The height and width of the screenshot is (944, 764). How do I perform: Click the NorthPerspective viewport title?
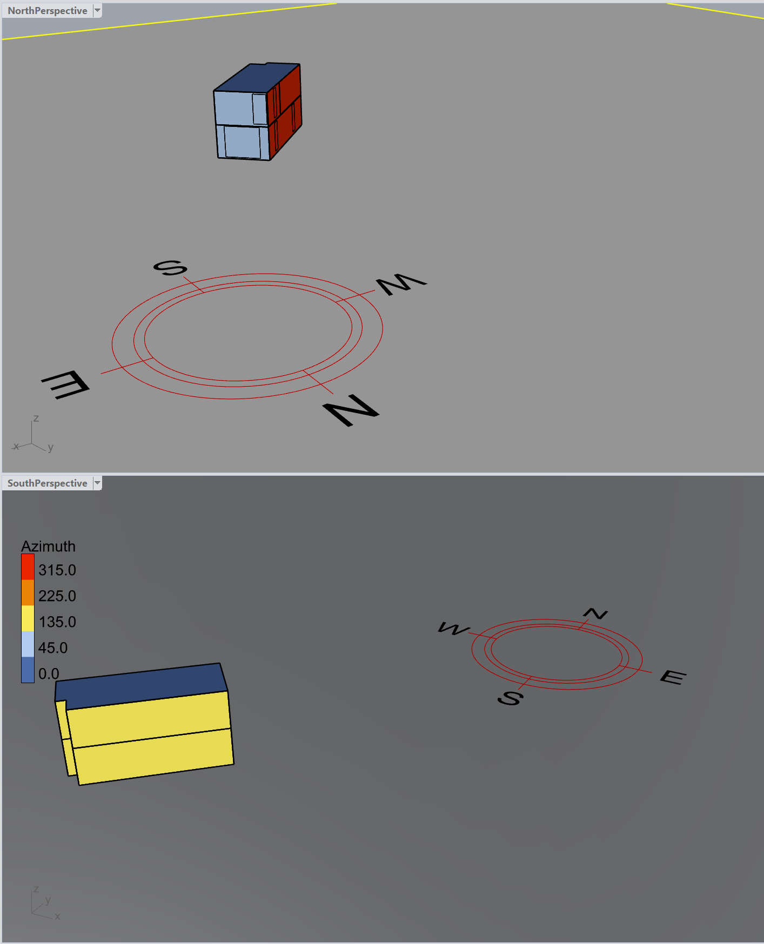coord(48,11)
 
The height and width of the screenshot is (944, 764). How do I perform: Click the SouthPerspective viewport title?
coord(48,483)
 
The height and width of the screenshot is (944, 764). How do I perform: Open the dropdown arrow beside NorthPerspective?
coord(97,10)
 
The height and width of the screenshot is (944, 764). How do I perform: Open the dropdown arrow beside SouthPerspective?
coord(97,483)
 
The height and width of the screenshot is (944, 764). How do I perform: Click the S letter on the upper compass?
coord(170,268)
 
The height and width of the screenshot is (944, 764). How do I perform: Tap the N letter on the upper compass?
coord(351,410)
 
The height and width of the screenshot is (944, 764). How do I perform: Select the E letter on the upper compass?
coord(65,385)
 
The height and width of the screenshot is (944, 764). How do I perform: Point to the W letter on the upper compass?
coord(401,284)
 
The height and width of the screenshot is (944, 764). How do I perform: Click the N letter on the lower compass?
coord(595,613)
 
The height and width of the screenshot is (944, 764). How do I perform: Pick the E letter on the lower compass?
coord(673,677)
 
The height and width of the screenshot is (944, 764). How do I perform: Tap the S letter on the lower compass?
coord(510,698)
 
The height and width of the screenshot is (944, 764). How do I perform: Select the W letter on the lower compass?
coord(454,629)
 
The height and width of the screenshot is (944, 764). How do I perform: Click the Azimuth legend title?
coord(49,547)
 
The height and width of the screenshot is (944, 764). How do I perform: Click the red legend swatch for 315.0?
coord(28,567)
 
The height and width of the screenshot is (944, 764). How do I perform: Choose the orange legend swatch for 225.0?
coord(28,593)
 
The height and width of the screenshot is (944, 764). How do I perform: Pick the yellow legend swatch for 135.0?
coord(28,619)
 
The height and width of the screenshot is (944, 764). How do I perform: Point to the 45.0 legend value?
coord(53,648)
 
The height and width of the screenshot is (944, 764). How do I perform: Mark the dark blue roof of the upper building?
coord(257,78)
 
